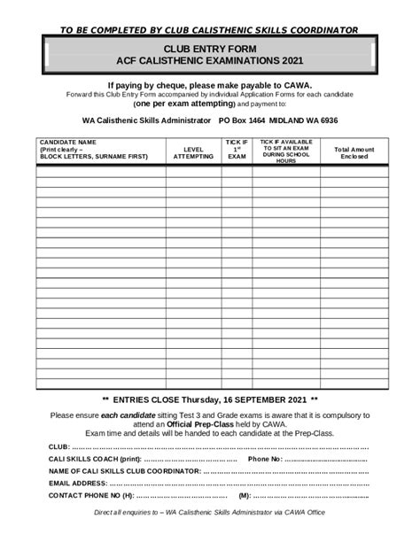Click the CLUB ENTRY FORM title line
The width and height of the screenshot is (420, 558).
[209, 50]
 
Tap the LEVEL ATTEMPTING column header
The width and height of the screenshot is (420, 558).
[193, 153]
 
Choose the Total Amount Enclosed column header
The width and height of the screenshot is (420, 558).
[354, 153]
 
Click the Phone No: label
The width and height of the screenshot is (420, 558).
[265, 460]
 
